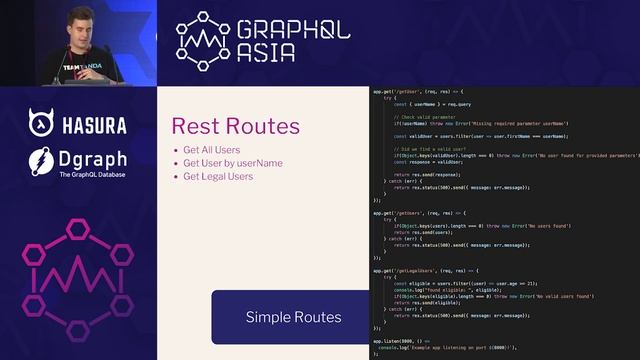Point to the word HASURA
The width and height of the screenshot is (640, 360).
(x=94, y=125)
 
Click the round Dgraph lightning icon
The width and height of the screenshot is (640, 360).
(x=42, y=161)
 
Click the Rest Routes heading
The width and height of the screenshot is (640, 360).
(x=235, y=127)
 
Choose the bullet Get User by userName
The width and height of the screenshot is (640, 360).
(x=232, y=163)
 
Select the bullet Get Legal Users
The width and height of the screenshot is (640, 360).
(x=218, y=176)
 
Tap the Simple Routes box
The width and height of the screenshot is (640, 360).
(x=292, y=317)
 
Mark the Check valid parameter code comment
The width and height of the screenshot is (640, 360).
(x=431, y=116)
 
